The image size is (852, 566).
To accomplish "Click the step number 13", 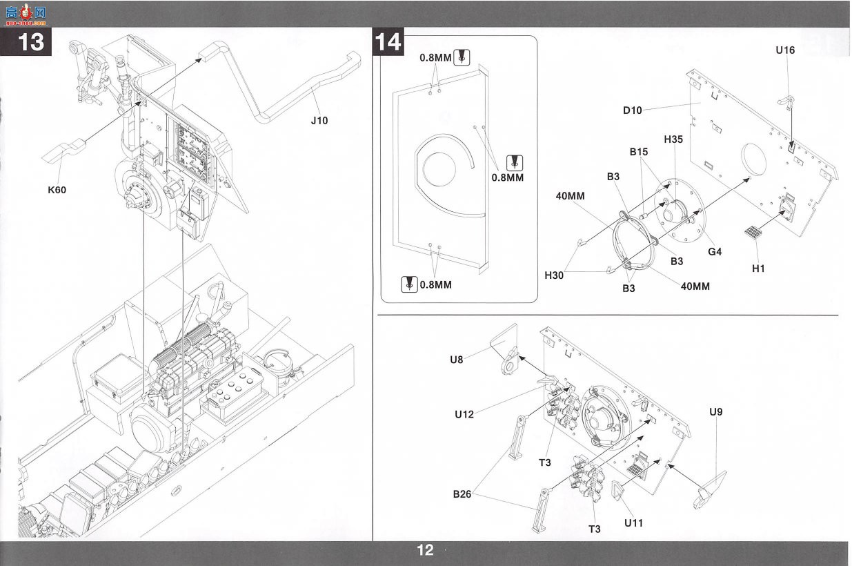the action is pos(31,42).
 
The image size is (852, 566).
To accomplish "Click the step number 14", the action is pos(388,42).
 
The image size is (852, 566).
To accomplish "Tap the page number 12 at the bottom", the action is pos(425,550).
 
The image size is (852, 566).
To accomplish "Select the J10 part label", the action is pos(319,121).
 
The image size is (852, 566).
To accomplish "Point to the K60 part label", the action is pos(57,190).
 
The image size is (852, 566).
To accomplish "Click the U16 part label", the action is pos(785,50).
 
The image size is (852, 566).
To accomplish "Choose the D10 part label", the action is pos(632,110).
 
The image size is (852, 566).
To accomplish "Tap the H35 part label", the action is pos(673,139).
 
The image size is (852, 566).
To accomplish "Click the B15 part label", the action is pos(639,152).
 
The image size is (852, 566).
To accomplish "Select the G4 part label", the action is pos(715,252).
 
